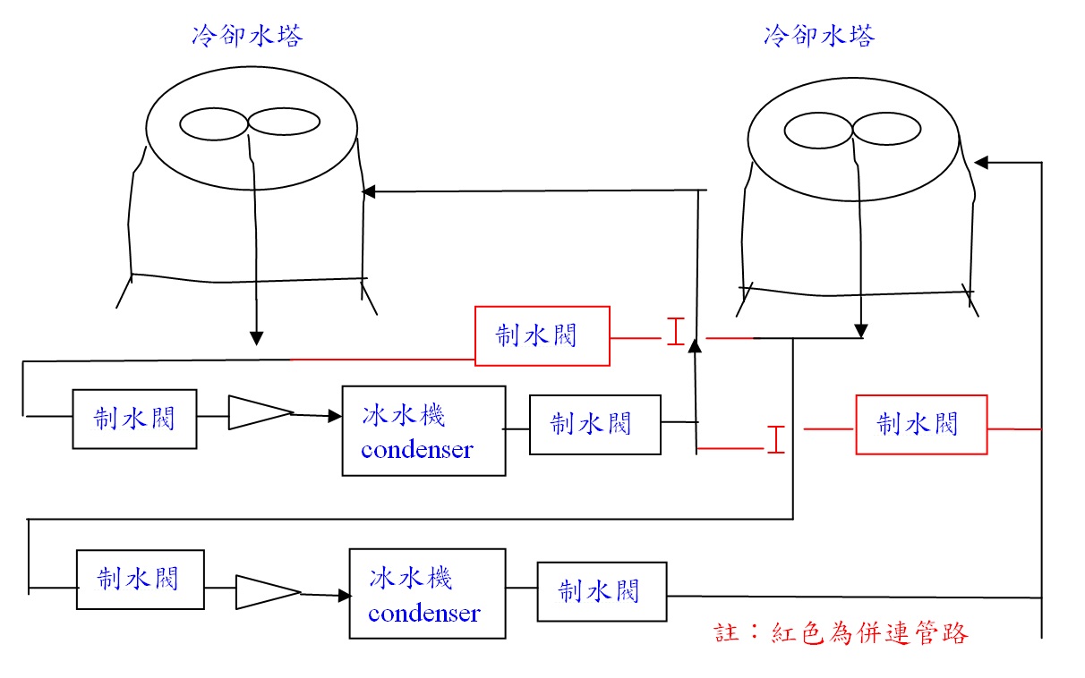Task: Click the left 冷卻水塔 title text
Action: point(247,36)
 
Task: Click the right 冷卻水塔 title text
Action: point(819,36)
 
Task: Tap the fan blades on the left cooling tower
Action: point(250,123)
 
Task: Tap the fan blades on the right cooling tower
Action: point(852,131)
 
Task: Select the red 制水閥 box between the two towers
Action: point(542,335)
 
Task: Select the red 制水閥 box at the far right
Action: point(921,424)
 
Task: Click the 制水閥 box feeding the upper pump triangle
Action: point(134,419)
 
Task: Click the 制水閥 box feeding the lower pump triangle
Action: point(140,580)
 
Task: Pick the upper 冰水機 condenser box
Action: point(423,430)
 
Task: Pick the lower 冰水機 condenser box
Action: point(426,594)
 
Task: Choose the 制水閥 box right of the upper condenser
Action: point(594,424)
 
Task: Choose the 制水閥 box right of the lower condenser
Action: point(602,591)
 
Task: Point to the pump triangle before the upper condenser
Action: point(260,412)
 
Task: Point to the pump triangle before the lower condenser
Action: point(267,592)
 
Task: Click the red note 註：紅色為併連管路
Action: point(842,633)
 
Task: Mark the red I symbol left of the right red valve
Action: point(776,439)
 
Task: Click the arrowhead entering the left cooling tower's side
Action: point(367,191)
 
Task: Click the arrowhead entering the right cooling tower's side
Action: point(980,162)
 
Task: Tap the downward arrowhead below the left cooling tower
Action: point(256,338)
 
